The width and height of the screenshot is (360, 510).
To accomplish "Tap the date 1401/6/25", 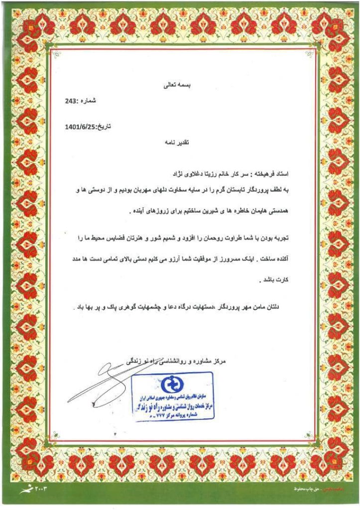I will click(80, 127).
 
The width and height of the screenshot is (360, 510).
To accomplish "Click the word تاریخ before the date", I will click(103, 127).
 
